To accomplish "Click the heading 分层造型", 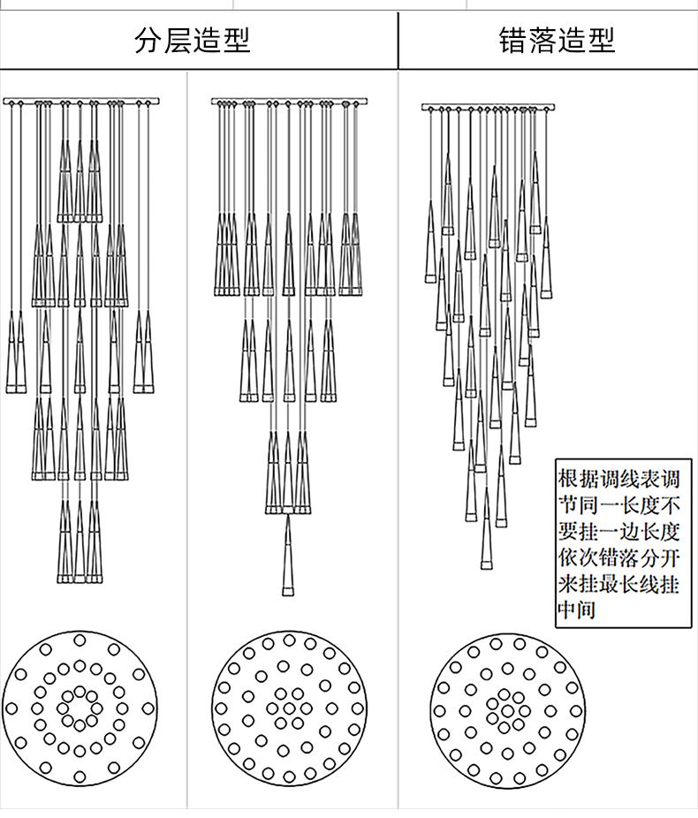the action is [x=193, y=41].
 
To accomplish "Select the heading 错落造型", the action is [x=558, y=41].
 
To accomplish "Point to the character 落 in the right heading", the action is [x=542, y=41].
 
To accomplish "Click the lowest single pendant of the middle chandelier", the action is [x=287, y=556].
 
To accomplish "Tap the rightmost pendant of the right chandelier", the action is [x=546, y=257].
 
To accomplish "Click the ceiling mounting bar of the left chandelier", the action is [x=81, y=102].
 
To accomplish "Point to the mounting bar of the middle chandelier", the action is [x=289, y=102].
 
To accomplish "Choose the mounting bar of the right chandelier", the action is [x=489, y=108].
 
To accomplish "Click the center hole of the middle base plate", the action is [x=289, y=708].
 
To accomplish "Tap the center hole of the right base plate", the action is [x=507, y=710].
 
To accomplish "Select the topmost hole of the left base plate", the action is [x=80, y=640].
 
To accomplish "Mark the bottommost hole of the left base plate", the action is [x=80, y=777].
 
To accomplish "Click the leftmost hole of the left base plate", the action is [x=11, y=708].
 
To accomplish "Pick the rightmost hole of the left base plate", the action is [x=148, y=708].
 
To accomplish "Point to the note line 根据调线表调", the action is [x=619, y=479].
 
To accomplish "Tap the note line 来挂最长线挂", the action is [x=619, y=583].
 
